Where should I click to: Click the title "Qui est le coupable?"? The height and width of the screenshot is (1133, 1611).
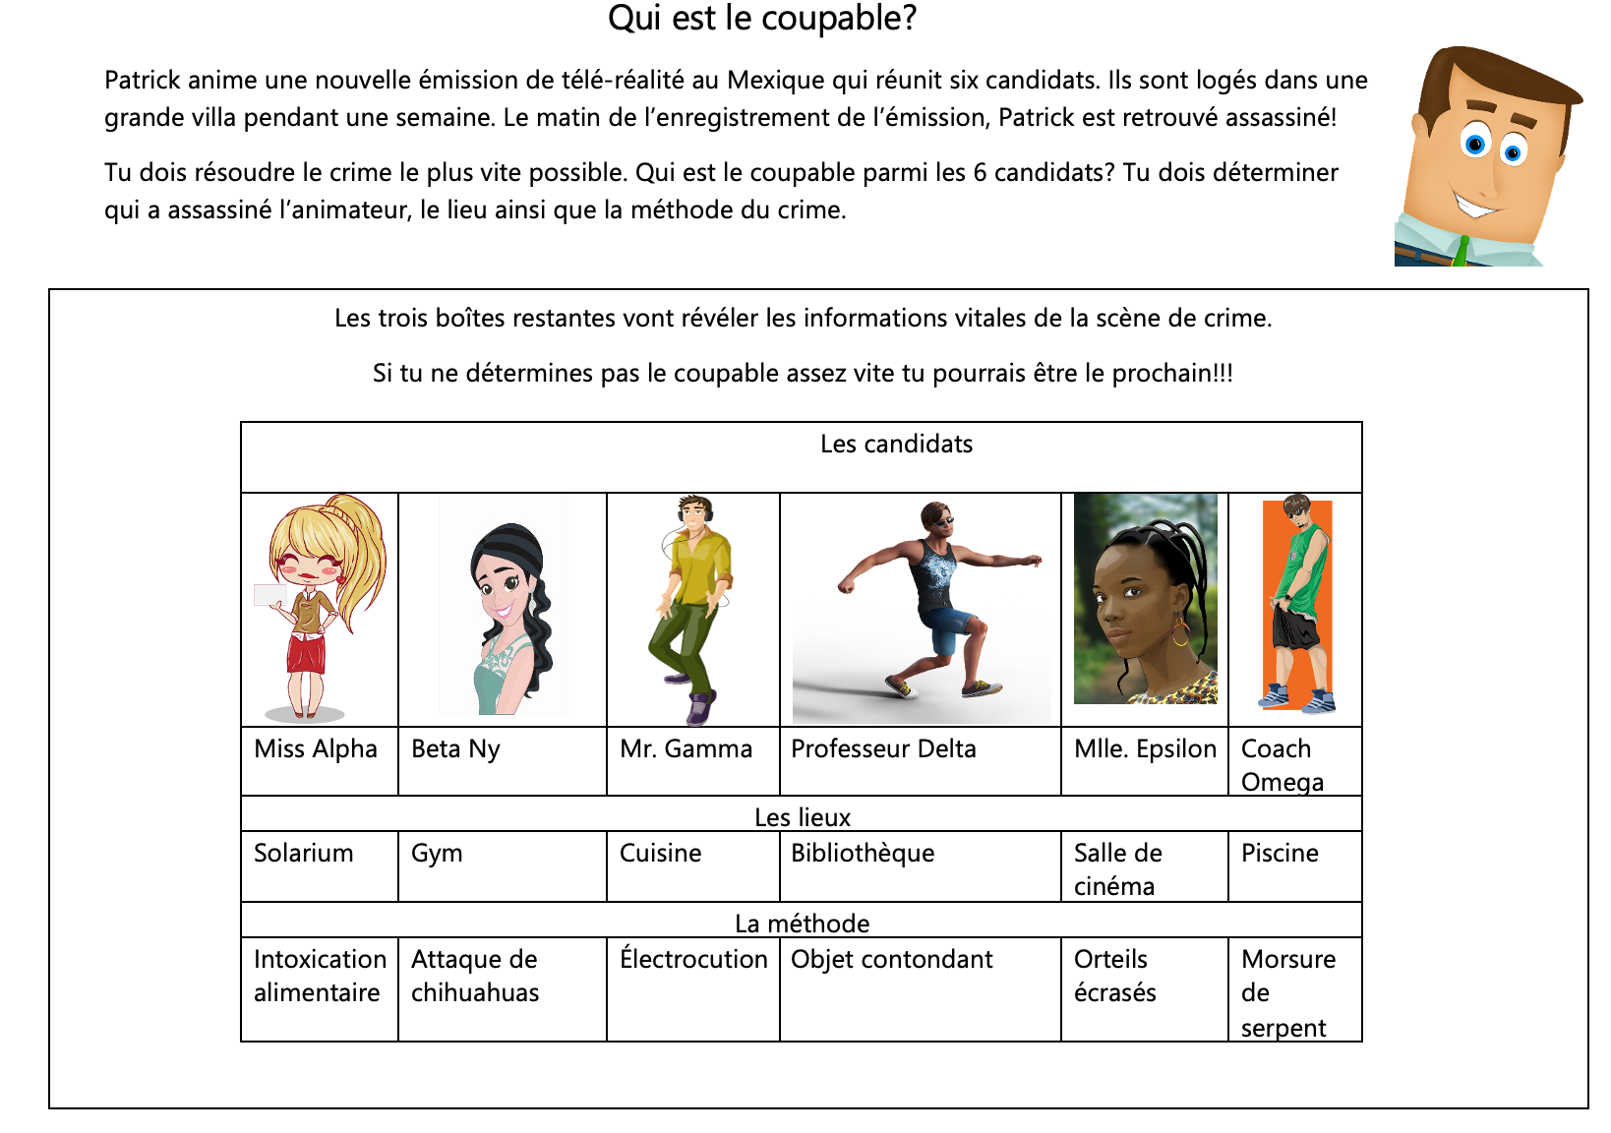(x=762, y=19)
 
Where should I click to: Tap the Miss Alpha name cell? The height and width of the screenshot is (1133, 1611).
(x=316, y=749)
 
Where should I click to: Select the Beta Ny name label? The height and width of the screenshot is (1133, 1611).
(x=455, y=749)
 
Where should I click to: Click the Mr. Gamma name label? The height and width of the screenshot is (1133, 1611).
(x=686, y=749)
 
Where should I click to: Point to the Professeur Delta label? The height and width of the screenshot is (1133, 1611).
(x=883, y=749)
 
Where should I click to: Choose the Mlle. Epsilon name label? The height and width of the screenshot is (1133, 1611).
(x=1145, y=749)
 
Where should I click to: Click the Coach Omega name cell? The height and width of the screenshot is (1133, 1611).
(x=1283, y=764)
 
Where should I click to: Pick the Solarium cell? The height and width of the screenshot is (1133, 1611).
(x=303, y=854)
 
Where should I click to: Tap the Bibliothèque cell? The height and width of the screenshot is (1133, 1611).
(x=863, y=854)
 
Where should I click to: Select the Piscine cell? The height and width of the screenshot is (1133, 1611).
(x=1280, y=854)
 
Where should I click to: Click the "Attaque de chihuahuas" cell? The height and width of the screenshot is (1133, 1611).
(x=475, y=976)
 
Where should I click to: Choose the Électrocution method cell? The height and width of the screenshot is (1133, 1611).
(x=693, y=960)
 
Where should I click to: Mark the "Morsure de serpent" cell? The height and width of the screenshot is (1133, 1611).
(x=1288, y=992)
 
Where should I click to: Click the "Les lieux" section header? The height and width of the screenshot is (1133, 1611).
(x=803, y=817)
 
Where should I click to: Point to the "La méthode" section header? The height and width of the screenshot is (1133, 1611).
(x=803, y=924)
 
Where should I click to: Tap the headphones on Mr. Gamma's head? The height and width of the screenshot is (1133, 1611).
(x=693, y=508)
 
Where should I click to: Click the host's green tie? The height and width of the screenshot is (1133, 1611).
(x=1462, y=252)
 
